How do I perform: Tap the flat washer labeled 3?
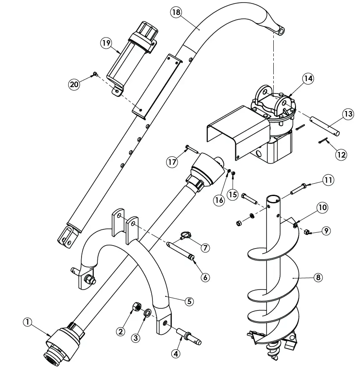click(x=146, y=313)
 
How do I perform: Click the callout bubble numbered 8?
click(x=317, y=277)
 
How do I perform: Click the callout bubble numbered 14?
click(x=308, y=79)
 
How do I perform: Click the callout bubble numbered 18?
click(x=176, y=12)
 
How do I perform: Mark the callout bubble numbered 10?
click(x=322, y=208)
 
